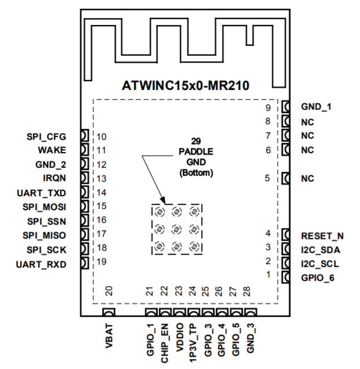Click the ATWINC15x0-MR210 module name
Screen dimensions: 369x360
point(186,86)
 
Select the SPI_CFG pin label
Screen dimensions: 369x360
point(46,137)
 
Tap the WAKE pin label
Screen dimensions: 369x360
point(53,150)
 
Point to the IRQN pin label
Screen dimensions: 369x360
point(54,178)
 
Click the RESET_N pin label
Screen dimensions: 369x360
point(322,236)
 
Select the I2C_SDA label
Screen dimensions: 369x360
point(321,249)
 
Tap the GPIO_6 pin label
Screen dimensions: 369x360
point(318,277)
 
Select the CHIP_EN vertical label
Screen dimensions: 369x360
point(165,342)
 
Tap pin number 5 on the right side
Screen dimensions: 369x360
point(267,179)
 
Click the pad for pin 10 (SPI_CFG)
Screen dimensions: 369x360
point(84,136)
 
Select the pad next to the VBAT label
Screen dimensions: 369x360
point(108,314)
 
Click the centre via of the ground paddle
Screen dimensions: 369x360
point(177,229)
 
